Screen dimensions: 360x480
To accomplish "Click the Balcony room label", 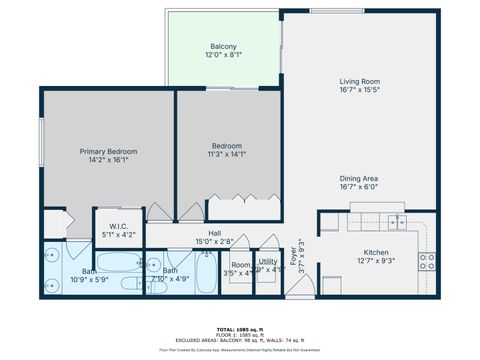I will (223, 46).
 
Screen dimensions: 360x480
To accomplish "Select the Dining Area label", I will (358, 177).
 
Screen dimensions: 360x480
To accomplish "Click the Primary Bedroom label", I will (108, 151).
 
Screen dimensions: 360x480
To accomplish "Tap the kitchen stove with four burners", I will (426, 262).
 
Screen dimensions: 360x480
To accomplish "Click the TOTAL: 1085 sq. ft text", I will (240, 328).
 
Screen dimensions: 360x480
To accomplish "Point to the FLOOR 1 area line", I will (240, 334).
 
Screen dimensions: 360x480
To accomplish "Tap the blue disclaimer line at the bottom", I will (240, 351).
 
